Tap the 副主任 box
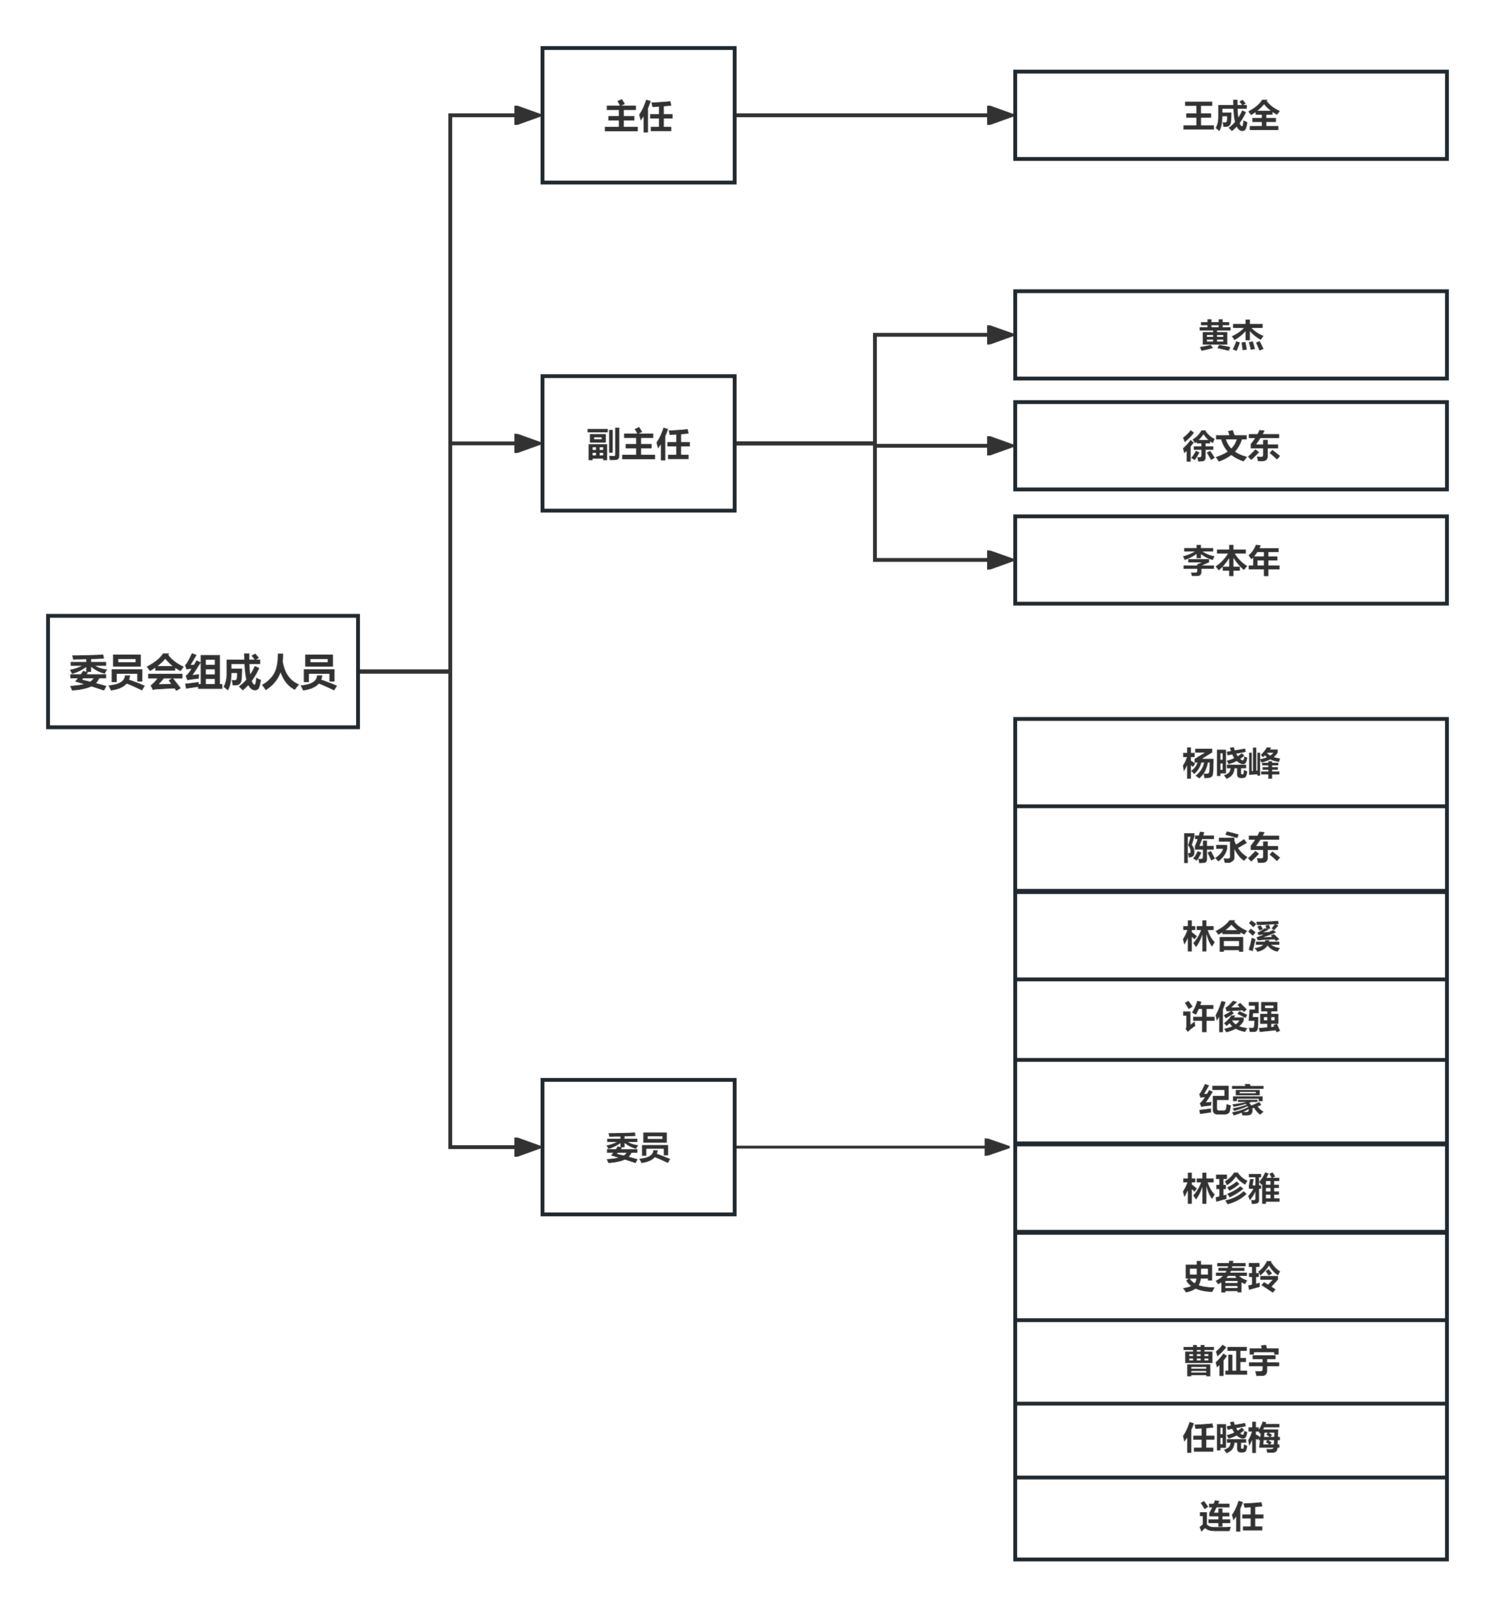point(638,443)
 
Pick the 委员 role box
point(638,1146)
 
